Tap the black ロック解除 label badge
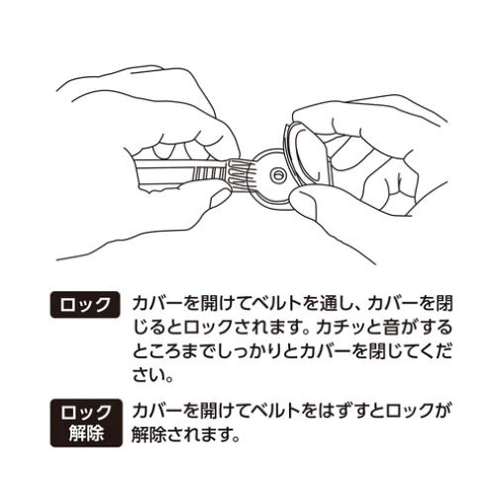[84, 423]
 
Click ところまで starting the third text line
[169, 352]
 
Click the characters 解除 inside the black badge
[84, 434]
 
